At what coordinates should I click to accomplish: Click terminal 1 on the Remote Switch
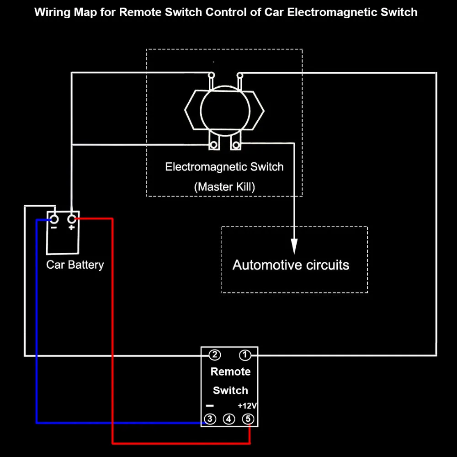pos(245,355)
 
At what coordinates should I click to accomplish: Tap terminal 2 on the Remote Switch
pos(215,355)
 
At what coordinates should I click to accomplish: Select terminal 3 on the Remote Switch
pos(210,419)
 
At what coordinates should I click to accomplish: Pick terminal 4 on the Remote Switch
pos(229,419)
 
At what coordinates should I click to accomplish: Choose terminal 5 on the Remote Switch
pos(248,419)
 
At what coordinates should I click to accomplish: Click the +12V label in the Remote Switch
pos(247,406)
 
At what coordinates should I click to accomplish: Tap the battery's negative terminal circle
pos(54,219)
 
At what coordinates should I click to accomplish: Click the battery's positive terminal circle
pos(72,219)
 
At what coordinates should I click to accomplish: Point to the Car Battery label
pos(75,265)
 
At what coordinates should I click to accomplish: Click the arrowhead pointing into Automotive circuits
pos(294,246)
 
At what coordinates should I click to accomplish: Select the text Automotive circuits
pos(291,265)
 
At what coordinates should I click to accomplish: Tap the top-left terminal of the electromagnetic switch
pos(212,75)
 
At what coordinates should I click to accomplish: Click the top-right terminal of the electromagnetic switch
pos(240,75)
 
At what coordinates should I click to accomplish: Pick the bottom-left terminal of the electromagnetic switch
pos(213,144)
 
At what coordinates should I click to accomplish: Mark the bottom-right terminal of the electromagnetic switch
pos(236,144)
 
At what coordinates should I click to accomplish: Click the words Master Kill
pos(224,187)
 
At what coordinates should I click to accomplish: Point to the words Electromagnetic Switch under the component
pos(224,167)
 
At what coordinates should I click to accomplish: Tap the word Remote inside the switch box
pos(230,372)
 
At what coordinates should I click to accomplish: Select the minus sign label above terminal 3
pos(210,406)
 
